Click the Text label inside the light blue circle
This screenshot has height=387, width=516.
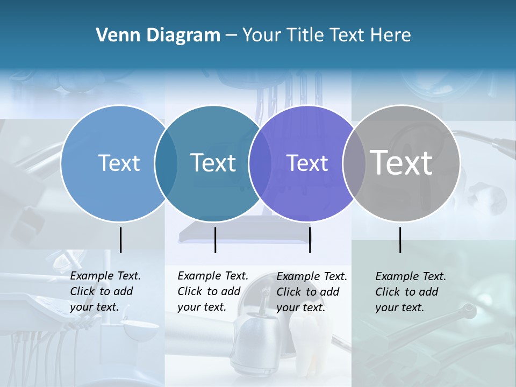(119, 163)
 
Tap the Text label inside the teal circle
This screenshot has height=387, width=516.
(213, 163)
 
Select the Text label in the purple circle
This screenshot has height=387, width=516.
(307, 163)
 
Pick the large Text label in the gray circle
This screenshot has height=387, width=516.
(402, 163)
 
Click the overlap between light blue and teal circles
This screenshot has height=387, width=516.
(166, 163)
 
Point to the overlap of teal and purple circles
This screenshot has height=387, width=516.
(260, 163)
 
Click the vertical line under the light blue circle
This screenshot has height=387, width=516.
(120, 240)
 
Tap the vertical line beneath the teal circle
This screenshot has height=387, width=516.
(215, 240)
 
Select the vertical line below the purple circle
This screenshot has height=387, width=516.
(310, 240)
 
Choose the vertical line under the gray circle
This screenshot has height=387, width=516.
(400, 240)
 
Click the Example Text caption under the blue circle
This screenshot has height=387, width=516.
(105, 276)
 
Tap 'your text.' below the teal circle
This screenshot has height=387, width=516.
(202, 307)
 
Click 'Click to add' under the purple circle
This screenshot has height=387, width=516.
(308, 292)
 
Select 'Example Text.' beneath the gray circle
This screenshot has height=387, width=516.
(411, 276)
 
